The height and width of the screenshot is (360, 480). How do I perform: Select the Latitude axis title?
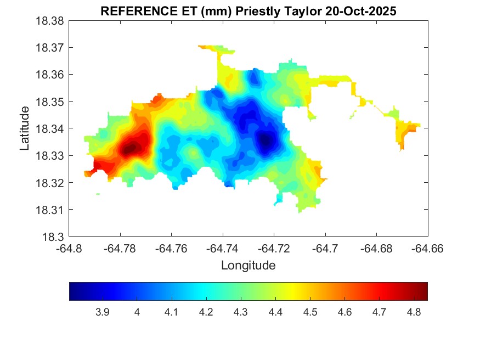pos(25,129)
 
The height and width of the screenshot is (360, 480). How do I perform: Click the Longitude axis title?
pos(248,266)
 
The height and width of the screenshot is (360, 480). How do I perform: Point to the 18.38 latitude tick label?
pos(51,21)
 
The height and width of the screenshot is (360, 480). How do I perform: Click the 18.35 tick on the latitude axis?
pos(51,102)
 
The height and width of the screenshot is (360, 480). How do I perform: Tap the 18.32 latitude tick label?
pos(51,183)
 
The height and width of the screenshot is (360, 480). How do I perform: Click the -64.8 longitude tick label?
pos(69,248)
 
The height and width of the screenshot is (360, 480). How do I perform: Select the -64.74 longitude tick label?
pos(223,248)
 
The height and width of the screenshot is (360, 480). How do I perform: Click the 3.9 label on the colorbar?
pos(102,312)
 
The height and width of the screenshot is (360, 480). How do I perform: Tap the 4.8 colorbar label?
pos(414,312)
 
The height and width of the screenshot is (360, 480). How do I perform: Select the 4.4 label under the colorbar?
pos(275,312)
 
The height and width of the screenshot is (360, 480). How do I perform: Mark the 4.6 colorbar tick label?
pos(345,312)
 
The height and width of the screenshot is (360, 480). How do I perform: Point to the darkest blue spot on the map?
pos(266,140)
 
